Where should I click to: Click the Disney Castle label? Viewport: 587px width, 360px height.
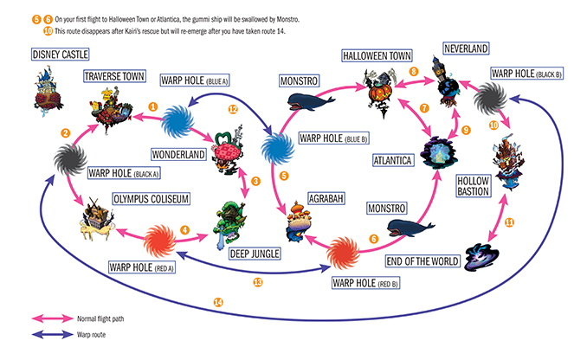tap(60, 55)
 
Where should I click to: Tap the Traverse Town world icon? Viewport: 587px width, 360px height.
tap(111, 110)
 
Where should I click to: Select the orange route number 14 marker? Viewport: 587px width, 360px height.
tap(218, 302)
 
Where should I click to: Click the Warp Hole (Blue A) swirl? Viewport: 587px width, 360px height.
tap(177, 122)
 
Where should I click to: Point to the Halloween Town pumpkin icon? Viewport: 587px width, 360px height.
tap(379, 93)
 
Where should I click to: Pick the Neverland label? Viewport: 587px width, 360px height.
tap(466, 48)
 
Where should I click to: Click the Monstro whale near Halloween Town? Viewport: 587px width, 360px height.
tap(311, 102)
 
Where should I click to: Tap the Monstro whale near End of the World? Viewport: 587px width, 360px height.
tap(410, 228)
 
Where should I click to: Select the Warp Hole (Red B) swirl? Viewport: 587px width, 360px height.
tap(343, 253)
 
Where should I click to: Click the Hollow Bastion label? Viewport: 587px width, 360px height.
tap(474, 186)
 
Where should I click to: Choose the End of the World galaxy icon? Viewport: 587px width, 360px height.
tap(481, 257)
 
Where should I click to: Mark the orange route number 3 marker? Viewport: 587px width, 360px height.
tap(255, 182)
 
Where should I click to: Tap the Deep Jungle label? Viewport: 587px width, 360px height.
tap(255, 254)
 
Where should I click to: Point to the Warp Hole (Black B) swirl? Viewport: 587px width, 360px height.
tap(490, 99)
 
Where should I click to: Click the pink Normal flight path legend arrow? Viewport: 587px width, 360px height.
tap(53, 318)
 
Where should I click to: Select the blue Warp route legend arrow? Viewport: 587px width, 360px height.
tap(53, 335)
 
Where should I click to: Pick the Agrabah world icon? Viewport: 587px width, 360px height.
tap(299, 222)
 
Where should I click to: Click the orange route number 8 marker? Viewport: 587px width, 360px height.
tap(414, 72)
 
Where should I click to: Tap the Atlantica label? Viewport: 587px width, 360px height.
tap(393, 161)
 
